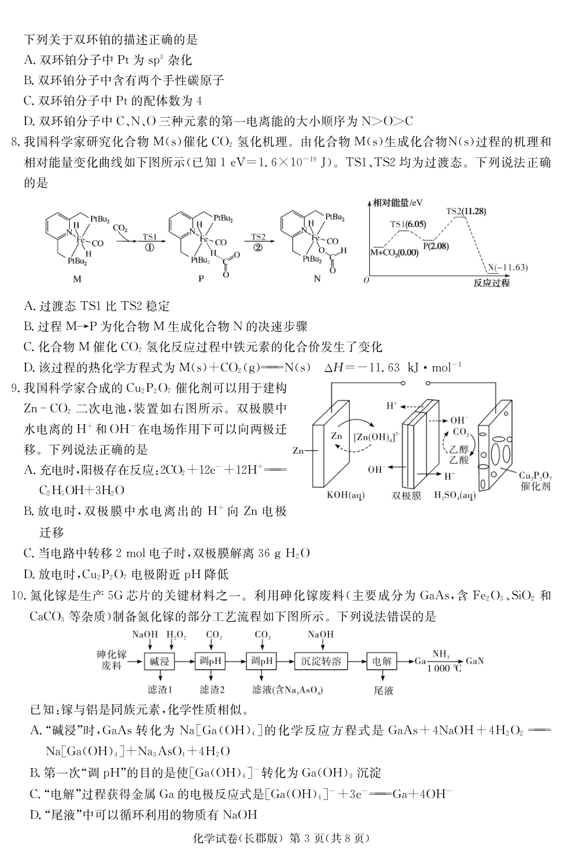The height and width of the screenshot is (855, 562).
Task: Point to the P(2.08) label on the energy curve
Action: point(435,246)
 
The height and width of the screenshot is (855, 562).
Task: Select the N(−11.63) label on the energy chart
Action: point(507,267)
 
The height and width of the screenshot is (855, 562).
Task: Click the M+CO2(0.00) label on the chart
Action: point(393,252)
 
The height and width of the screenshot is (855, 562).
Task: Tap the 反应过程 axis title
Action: point(491,283)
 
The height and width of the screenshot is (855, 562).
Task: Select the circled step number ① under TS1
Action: point(150,248)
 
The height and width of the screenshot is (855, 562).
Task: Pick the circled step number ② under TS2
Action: point(258,248)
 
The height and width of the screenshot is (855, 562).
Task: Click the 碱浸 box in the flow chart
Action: point(160,661)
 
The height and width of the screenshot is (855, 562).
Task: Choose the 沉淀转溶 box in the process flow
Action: point(321,661)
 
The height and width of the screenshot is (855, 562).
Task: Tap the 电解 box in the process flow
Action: point(382,661)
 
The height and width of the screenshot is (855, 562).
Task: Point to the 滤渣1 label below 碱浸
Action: point(160,690)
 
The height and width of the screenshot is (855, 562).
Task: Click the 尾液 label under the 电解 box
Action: point(383,690)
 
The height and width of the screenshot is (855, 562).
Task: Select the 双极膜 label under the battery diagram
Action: point(406,496)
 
